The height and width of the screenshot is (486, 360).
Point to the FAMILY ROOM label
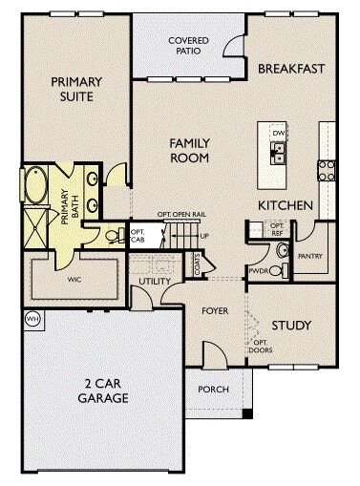(x=190, y=151)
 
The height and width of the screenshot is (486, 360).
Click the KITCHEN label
(x=286, y=205)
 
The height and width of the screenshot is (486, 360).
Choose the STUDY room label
(x=291, y=326)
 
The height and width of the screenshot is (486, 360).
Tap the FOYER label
(x=215, y=311)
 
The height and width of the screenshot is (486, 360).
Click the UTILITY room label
(x=154, y=283)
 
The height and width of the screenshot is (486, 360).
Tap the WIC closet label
(x=74, y=283)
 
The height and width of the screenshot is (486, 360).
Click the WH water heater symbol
(x=32, y=319)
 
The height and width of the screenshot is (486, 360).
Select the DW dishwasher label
(x=280, y=132)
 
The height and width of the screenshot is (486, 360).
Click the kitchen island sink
(x=280, y=149)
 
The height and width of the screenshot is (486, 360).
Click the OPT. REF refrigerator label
(x=277, y=229)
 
